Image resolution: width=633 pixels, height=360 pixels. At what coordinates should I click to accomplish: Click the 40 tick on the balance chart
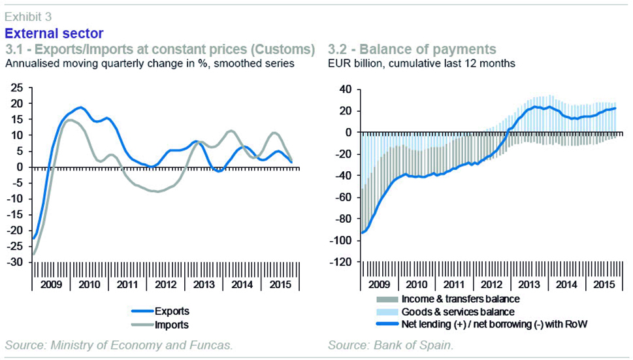[x=344, y=89]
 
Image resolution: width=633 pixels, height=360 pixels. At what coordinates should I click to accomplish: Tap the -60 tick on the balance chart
[x=342, y=197]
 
